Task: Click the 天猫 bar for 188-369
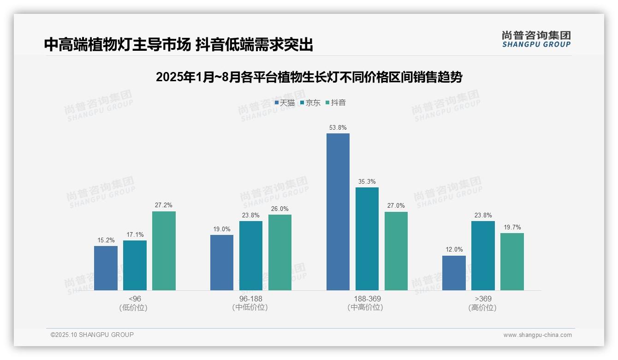click(x=338, y=212)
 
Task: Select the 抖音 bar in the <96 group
click(x=164, y=251)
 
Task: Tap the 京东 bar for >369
click(x=483, y=256)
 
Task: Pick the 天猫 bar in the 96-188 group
click(x=222, y=263)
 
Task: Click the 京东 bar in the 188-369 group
click(x=367, y=239)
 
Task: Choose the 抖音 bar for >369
click(x=512, y=262)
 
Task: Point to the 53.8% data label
click(x=338, y=127)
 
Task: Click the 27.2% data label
click(x=164, y=205)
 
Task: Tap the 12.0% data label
click(x=454, y=250)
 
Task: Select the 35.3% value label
click(x=367, y=181)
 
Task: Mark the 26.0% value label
click(x=280, y=209)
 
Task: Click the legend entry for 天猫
click(x=285, y=103)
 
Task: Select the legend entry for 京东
click(x=310, y=103)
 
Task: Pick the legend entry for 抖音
click(x=336, y=103)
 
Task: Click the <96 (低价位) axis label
click(x=135, y=303)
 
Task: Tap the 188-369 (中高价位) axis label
click(x=367, y=303)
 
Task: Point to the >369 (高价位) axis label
click(x=483, y=303)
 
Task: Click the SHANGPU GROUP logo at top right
click(x=536, y=39)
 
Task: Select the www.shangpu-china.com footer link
click(x=537, y=335)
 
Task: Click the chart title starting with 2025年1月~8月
click(x=309, y=77)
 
